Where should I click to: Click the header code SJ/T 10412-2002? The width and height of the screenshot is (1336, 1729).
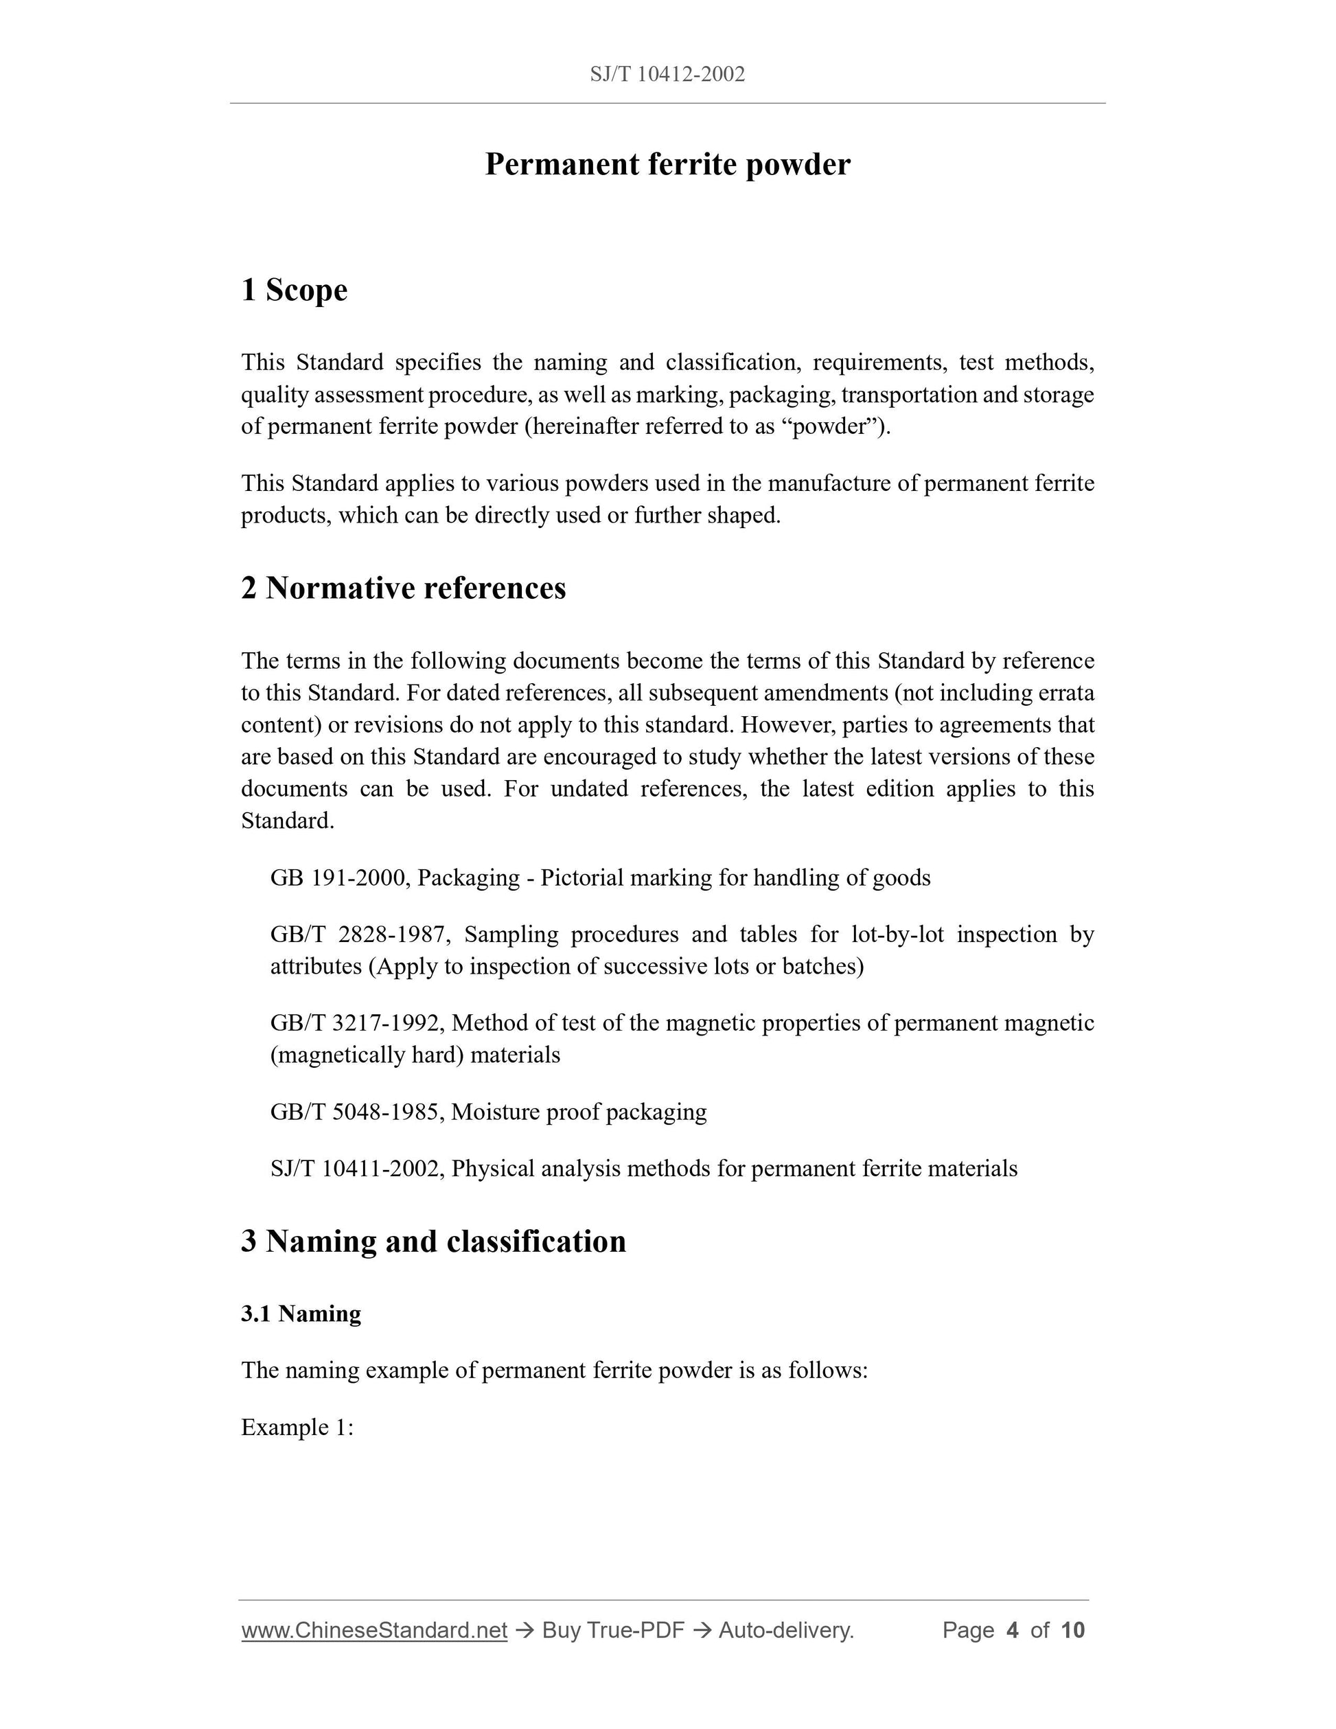[x=667, y=74]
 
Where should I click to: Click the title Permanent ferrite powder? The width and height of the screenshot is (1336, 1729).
[x=667, y=165]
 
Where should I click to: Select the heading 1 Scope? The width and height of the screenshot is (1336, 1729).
[x=294, y=290]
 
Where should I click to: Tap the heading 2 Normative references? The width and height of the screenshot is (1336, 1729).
[x=404, y=588]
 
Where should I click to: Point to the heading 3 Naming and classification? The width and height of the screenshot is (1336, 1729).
[x=433, y=1241]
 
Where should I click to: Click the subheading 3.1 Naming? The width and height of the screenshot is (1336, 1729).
[x=301, y=1314]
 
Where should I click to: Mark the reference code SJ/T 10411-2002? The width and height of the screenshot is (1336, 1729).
[x=356, y=1169]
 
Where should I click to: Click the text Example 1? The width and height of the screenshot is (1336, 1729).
[x=297, y=1428]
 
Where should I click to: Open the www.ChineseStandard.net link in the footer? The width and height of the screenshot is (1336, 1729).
[x=374, y=1631]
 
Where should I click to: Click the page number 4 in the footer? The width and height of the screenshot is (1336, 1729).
[x=1011, y=1631]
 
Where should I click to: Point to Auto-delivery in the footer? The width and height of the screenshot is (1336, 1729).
[x=785, y=1631]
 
